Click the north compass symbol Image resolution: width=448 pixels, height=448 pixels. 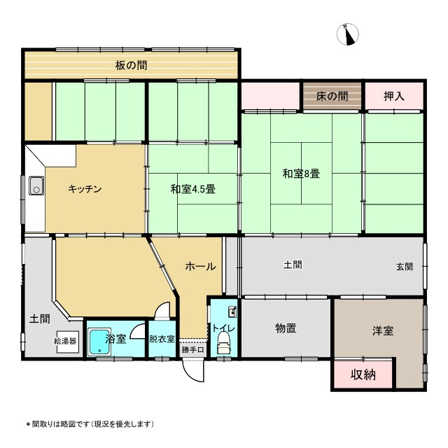(348, 34)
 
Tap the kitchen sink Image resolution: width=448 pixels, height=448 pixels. (36, 185)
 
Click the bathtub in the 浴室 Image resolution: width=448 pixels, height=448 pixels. (99, 342)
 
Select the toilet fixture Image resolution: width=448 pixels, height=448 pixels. (224, 342)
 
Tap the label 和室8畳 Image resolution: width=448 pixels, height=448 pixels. (301, 174)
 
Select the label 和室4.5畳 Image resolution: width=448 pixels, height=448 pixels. (193, 189)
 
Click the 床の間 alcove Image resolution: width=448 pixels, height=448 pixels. (332, 96)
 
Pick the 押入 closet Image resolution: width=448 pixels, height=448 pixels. (394, 96)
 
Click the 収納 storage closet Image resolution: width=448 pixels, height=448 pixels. (363, 374)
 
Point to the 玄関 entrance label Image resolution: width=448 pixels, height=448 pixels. (405, 267)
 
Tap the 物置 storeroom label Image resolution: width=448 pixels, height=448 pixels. (286, 328)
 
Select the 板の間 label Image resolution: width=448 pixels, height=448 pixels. (131, 65)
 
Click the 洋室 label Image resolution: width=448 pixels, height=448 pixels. (383, 330)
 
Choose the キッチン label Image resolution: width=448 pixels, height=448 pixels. (85, 189)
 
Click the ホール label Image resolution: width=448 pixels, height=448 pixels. (201, 266)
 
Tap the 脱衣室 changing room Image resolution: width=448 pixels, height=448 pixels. (162, 339)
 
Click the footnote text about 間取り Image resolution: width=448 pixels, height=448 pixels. (90, 424)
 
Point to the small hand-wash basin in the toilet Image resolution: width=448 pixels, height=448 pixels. (232, 312)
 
